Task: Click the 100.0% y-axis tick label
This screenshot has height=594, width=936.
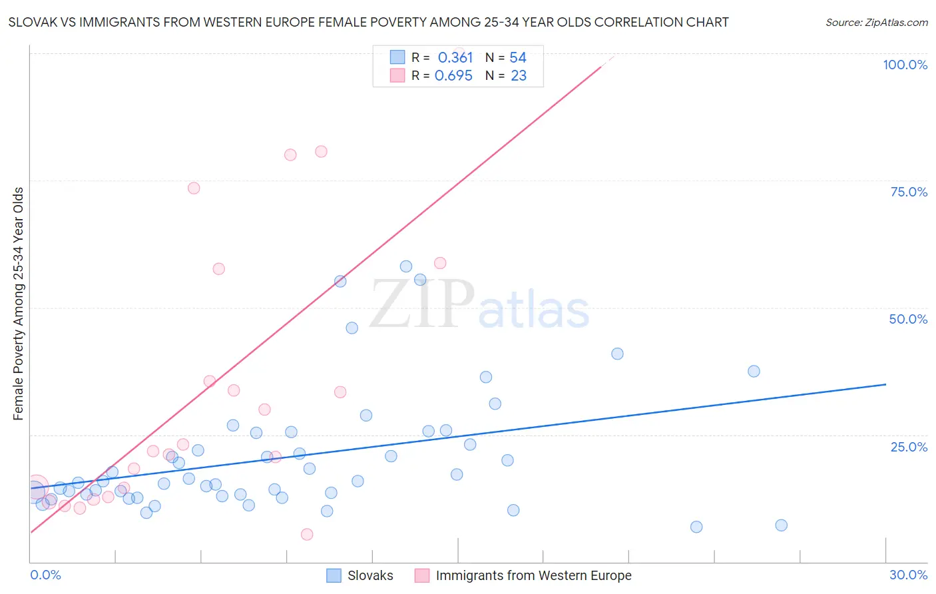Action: click(905, 65)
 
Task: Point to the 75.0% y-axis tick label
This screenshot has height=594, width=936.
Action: click(909, 192)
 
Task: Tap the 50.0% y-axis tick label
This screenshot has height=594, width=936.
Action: click(908, 319)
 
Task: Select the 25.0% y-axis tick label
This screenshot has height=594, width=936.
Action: click(909, 447)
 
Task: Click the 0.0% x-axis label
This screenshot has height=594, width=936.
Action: click(45, 575)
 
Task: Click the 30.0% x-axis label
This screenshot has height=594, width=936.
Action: click(908, 575)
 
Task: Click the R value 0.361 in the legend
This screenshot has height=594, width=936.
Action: click(455, 58)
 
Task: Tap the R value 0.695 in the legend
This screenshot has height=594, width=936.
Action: click(453, 76)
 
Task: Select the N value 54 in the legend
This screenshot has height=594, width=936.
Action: click(518, 58)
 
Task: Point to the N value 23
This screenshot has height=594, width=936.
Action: click(519, 76)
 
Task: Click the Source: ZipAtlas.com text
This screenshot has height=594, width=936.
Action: click(876, 23)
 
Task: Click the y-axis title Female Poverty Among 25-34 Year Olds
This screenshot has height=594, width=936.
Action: click(19, 304)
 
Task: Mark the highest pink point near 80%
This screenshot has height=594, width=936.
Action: click(321, 151)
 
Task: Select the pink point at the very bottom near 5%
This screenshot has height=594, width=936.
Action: click(307, 534)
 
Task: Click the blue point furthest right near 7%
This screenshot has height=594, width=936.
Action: click(782, 525)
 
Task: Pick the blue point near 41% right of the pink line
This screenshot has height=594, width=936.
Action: click(617, 354)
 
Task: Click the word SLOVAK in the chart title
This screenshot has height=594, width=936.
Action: click(31, 22)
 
